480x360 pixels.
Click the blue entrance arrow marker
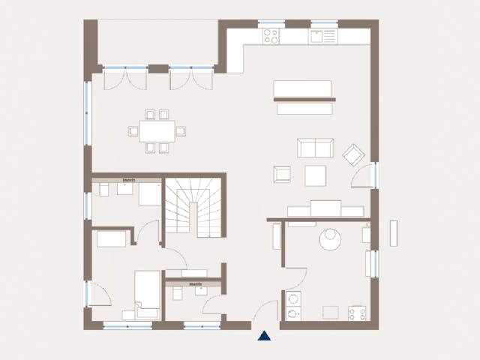pos(264,336)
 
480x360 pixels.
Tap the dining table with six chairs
pos(157,131)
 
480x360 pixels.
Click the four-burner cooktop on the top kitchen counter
pos(271,34)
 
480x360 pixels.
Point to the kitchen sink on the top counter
pos(325,34)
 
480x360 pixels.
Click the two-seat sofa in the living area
pos(315,148)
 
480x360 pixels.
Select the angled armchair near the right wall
pos(353,155)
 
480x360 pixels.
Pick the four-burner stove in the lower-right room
pos(357,313)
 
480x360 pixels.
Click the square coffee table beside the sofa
pos(316,175)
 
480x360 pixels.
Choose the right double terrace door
pos(192,76)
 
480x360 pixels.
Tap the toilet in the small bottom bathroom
pos(178,292)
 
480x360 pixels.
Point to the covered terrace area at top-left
pos(157,42)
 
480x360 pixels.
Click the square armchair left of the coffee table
pos(282,174)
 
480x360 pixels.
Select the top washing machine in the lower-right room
pos(294,299)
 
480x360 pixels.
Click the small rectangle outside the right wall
pos(394,234)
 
